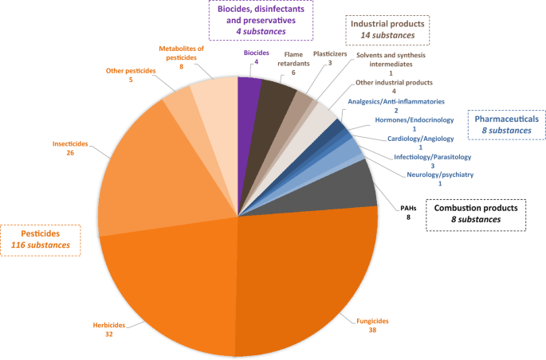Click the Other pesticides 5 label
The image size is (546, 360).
(128, 76)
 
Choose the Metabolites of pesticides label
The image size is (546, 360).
(181, 57)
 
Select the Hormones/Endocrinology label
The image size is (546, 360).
(414, 125)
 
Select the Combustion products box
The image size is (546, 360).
(475, 213)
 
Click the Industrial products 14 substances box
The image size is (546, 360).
(388, 29)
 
